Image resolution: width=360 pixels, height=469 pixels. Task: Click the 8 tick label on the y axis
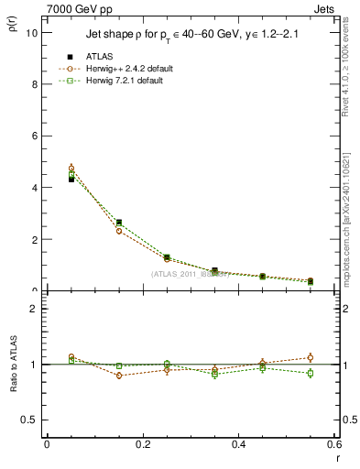tap(36, 84)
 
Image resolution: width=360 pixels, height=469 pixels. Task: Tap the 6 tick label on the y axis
tap(36, 136)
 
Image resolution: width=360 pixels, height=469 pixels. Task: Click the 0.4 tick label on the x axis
tap(239, 445)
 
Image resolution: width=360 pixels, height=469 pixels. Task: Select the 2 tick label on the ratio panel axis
tap(36, 309)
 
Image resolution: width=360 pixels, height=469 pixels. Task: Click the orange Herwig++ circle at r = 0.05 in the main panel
tap(71, 169)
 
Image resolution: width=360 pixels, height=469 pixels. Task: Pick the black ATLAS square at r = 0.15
tap(119, 223)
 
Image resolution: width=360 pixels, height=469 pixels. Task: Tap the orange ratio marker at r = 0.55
tap(311, 357)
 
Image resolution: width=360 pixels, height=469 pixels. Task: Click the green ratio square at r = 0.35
tap(214, 374)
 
